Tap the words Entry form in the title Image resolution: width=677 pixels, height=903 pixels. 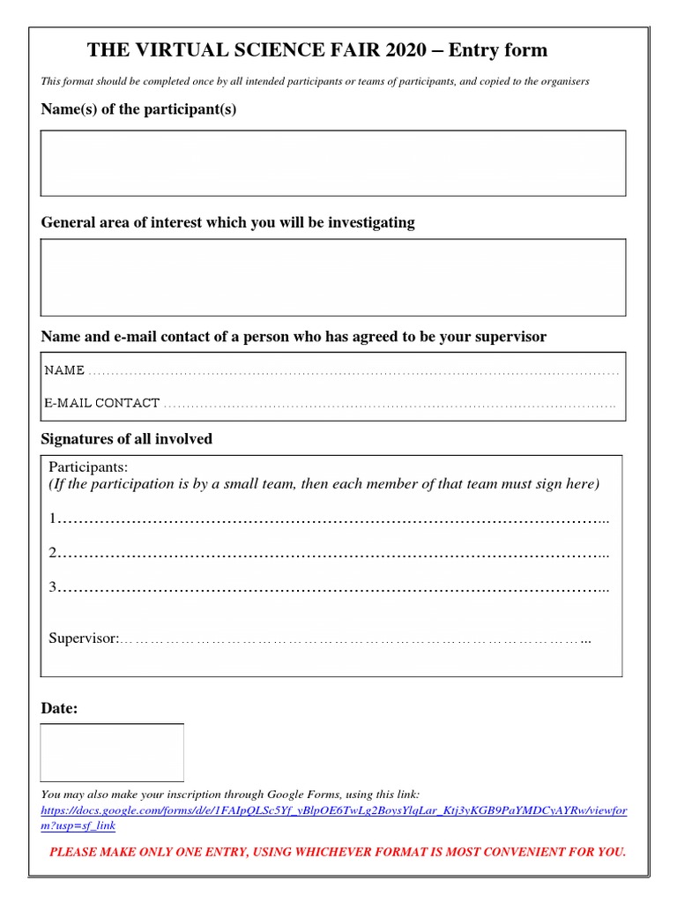498,50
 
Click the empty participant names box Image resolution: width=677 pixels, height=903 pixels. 333,163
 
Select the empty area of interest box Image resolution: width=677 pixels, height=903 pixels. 333,277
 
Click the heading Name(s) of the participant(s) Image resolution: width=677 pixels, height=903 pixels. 138,109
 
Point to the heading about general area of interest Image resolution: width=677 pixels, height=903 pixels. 227,222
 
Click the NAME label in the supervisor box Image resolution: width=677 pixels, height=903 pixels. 65,370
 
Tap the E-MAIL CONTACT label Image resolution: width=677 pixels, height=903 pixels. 102,403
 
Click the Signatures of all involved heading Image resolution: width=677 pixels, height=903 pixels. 126,439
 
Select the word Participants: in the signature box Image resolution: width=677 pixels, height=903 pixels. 88,466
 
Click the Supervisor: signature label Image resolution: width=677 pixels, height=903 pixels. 83,638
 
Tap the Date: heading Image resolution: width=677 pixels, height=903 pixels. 59,708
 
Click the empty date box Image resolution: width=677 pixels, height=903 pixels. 112,752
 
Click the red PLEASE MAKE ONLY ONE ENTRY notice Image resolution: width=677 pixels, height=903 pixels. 337,852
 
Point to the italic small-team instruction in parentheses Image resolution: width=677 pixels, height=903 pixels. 324,484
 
